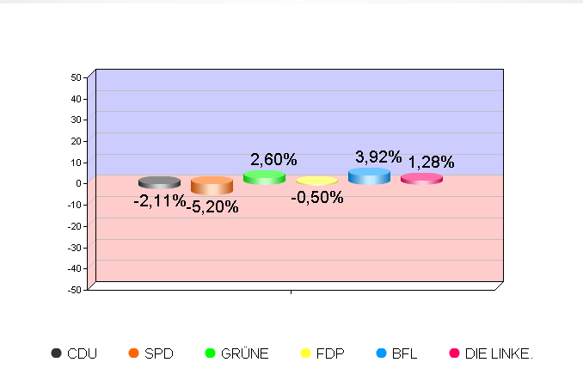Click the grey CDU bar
(159, 182)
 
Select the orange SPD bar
(212, 185)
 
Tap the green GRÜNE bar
(264, 177)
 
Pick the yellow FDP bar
(316, 181)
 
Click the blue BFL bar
(369, 176)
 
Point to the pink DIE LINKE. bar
(421, 179)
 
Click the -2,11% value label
(159, 200)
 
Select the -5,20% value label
(212, 206)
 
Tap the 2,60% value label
(273, 159)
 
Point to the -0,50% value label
(317, 198)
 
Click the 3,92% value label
(378, 157)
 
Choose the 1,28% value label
(431, 162)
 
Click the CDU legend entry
(74, 353)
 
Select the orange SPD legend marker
(133, 353)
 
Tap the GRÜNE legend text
(245, 353)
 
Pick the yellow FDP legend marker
(304, 353)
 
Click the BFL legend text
(404, 353)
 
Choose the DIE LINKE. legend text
(499, 353)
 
